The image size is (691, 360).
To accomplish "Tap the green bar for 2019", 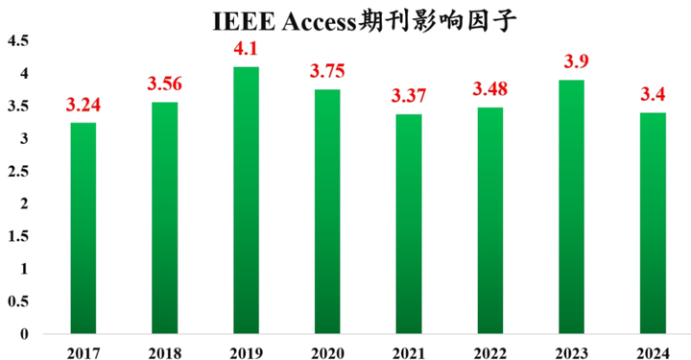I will (245, 201).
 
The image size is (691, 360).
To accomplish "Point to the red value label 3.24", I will (83, 106).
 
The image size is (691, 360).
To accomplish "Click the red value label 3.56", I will (163, 84).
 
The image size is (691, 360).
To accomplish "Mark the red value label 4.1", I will (245, 49).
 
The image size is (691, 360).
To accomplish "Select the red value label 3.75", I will (326, 72).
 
